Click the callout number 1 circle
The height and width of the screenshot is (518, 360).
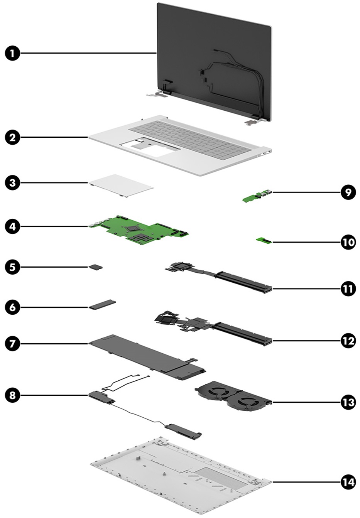(13, 53)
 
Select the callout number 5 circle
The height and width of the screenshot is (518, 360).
(13, 267)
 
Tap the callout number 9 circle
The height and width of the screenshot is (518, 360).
(348, 192)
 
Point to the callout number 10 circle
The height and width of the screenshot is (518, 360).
(348, 242)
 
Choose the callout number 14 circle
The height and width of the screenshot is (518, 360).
(348, 482)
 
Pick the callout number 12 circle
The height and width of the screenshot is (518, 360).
(348, 341)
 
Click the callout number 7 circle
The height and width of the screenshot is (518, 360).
(13, 343)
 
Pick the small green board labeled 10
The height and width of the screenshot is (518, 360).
(264, 241)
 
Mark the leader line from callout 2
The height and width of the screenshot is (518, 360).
(54, 137)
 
